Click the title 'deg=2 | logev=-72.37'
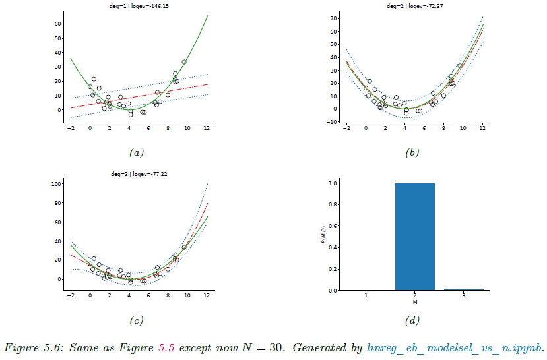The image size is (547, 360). point(412,6)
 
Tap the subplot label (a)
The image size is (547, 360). point(137,152)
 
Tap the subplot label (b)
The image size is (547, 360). point(412,152)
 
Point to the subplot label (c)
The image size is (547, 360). point(137,321)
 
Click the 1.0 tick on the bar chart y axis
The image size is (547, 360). point(333,183)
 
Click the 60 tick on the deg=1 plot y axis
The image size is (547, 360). point(57,24)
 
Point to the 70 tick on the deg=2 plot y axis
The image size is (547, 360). point(333,18)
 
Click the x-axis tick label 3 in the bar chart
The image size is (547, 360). point(464,297)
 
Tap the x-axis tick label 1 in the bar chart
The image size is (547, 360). point(366,297)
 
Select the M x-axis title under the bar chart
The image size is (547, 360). point(414,303)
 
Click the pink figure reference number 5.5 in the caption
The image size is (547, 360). point(166,347)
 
